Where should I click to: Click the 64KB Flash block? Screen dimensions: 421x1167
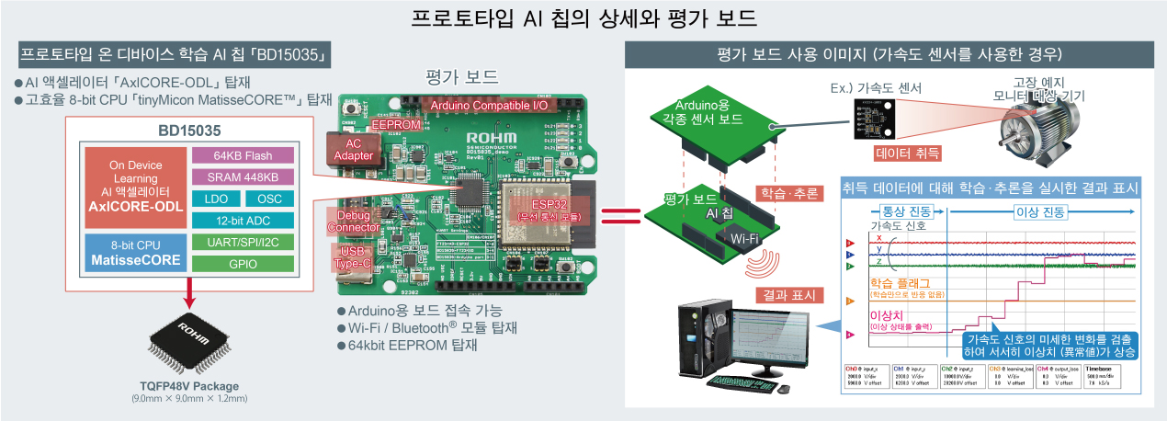click(x=244, y=155)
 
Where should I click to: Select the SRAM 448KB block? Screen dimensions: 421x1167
click(x=244, y=176)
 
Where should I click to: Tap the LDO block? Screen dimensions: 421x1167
click(x=216, y=199)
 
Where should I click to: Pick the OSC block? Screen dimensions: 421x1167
click(x=270, y=199)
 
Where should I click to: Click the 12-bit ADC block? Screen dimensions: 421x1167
click(x=244, y=221)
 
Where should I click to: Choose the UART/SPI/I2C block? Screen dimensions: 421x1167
click(x=244, y=242)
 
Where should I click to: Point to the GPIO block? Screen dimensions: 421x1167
click(x=244, y=263)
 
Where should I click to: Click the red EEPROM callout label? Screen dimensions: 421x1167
click(x=396, y=125)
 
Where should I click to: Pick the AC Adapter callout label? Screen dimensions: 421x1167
click(x=354, y=149)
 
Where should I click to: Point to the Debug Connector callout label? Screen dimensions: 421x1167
click(x=353, y=221)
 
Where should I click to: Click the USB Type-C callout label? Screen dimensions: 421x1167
click(x=353, y=256)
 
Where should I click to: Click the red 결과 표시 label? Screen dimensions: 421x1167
click(x=793, y=295)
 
